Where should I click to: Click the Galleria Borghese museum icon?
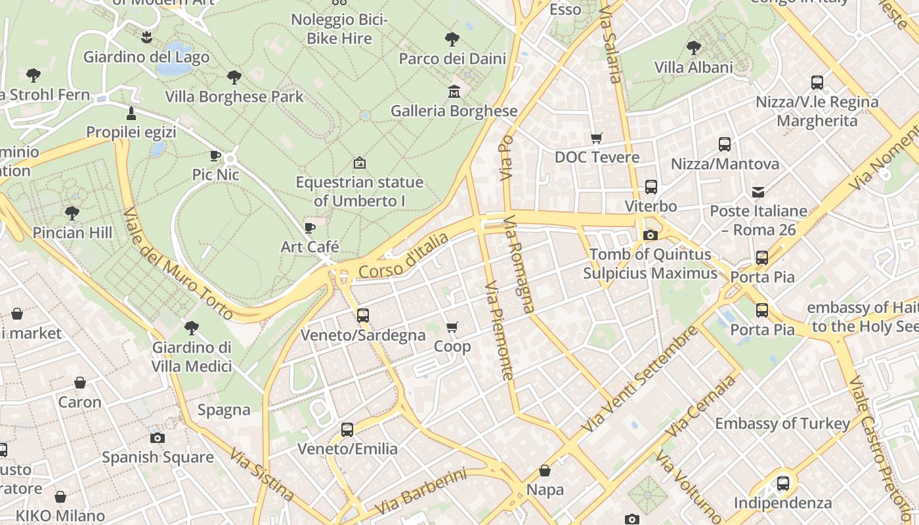click(454, 92)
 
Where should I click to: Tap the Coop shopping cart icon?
click(452, 327)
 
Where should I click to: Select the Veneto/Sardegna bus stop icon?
click(363, 316)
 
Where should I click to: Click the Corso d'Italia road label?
click(404, 257)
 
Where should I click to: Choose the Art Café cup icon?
click(310, 228)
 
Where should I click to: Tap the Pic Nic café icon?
click(215, 156)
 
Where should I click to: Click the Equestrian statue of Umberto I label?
click(360, 192)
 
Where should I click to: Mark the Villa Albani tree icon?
click(693, 48)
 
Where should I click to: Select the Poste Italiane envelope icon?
click(758, 192)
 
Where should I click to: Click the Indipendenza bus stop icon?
click(782, 484)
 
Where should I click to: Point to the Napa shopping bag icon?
click(545, 471)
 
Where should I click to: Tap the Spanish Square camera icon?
click(158, 438)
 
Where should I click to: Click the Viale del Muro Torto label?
click(177, 264)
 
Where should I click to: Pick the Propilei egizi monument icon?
click(131, 113)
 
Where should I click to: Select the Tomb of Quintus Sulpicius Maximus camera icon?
click(651, 235)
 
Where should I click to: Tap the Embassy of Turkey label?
click(782, 424)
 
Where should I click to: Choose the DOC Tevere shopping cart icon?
click(596, 138)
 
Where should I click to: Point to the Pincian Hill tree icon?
click(72, 213)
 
